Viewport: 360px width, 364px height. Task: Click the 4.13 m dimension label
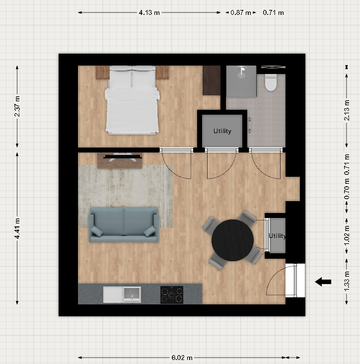pyautogui.click(x=149, y=12)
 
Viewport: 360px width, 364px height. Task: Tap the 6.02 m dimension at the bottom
pyautogui.click(x=182, y=358)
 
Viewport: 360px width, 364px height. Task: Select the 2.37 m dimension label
pyautogui.click(x=17, y=106)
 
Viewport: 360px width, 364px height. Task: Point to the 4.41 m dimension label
pyautogui.click(x=17, y=228)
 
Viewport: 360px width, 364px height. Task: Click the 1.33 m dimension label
pyautogui.click(x=347, y=281)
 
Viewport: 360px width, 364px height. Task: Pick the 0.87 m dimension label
pyautogui.click(x=241, y=12)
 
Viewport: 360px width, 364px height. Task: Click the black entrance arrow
pyautogui.click(x=323, y=282)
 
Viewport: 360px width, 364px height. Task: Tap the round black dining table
pyautogui.click(x=232, y=240)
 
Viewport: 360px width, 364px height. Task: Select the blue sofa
pyautogui.click(x=124, y=225)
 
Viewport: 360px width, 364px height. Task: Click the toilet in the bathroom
pyautogui.click(x=271, y=82)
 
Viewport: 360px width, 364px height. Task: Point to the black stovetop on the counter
pyautogui.click(x=172, y=295)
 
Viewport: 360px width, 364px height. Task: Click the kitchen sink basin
pyautogui.click(x=132, y=294)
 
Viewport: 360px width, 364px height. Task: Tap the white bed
pyautogui.click(x=132, y=100)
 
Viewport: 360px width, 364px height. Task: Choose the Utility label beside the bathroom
pyautogui.click(x=222, y=131)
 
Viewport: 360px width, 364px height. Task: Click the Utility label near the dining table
pyautogui.click(x=277, y=236)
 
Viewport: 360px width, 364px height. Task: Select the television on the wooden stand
pyautogui.click(x=123, y=157)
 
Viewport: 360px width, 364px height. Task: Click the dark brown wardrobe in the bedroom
pyautogui.click(x=212, y=80)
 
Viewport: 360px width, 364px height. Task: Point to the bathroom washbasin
pyautogui.click(x=241, y=72)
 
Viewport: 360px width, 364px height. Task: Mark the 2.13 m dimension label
pyautogui.click(x=347, y=110)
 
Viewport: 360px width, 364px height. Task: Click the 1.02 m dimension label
pyautogui.click(x=347, y=235)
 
